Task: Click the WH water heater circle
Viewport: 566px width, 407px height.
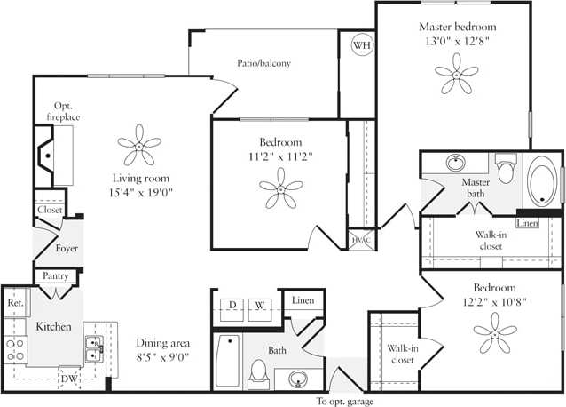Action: (x=361, y=45)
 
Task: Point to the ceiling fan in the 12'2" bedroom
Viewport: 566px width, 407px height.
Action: (x=494, y=336)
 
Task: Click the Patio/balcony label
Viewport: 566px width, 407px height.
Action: (x=263, y=63)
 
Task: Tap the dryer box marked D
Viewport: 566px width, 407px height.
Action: (x=232, y=307)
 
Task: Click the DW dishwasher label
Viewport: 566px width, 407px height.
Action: (x=68, y=379)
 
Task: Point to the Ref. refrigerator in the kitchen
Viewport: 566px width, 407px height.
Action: (x=15, y=304)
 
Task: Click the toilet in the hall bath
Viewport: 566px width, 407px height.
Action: (x=258, y=371)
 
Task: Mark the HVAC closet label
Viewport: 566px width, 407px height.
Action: (x=360, y=239)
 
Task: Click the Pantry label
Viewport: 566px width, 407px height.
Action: (x=56, y=276)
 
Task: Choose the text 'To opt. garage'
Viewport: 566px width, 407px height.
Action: (x=345, y=401)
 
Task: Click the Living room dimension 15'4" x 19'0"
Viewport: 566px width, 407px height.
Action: (x=140, y=192)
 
